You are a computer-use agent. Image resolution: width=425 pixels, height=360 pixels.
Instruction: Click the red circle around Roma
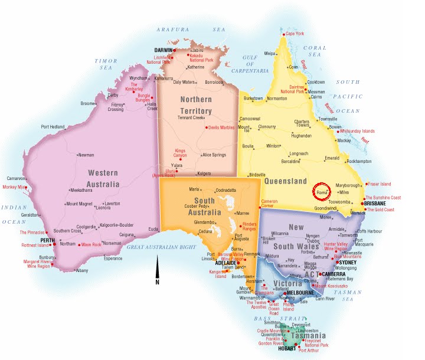coord(322,192)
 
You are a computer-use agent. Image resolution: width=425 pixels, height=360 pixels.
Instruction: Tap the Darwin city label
coord(162,50)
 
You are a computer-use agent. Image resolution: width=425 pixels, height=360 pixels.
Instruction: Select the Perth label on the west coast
coord(47,241)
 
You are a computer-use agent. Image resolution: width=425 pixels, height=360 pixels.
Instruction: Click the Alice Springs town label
coord(214,155)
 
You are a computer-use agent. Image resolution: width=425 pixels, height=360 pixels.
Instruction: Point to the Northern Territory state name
coord(196,106)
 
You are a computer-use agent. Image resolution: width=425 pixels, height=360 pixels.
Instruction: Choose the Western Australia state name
coord(104,179)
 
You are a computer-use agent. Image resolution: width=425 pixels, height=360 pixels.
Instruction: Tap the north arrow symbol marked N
coord(157,273)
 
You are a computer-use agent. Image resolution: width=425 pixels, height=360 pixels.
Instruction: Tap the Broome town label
coord(87,104)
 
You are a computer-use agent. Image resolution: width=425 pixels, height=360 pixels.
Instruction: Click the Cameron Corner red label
coord(270,204)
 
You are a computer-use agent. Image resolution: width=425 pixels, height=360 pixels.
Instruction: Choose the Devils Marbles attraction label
coord(220,127)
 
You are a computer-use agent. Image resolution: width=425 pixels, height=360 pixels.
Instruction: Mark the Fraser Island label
coord(379,184)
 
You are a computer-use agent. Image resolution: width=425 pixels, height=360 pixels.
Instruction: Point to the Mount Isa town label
coord(243,129)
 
